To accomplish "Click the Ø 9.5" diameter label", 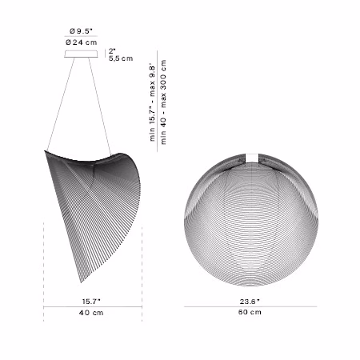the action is click(81, 31).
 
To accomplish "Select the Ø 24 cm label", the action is click(81, 42).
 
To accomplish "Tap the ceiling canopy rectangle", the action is click(81, 54).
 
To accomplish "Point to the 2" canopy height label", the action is click(112, 51).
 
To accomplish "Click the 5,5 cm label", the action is click(121, 58).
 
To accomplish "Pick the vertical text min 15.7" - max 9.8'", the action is click(152, 102).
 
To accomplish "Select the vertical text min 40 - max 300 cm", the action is click(163, 102).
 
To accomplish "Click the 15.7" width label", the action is click(91, 302).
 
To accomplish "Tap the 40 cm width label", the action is click(91, 313).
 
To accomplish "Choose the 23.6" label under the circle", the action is click(250, 302).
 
